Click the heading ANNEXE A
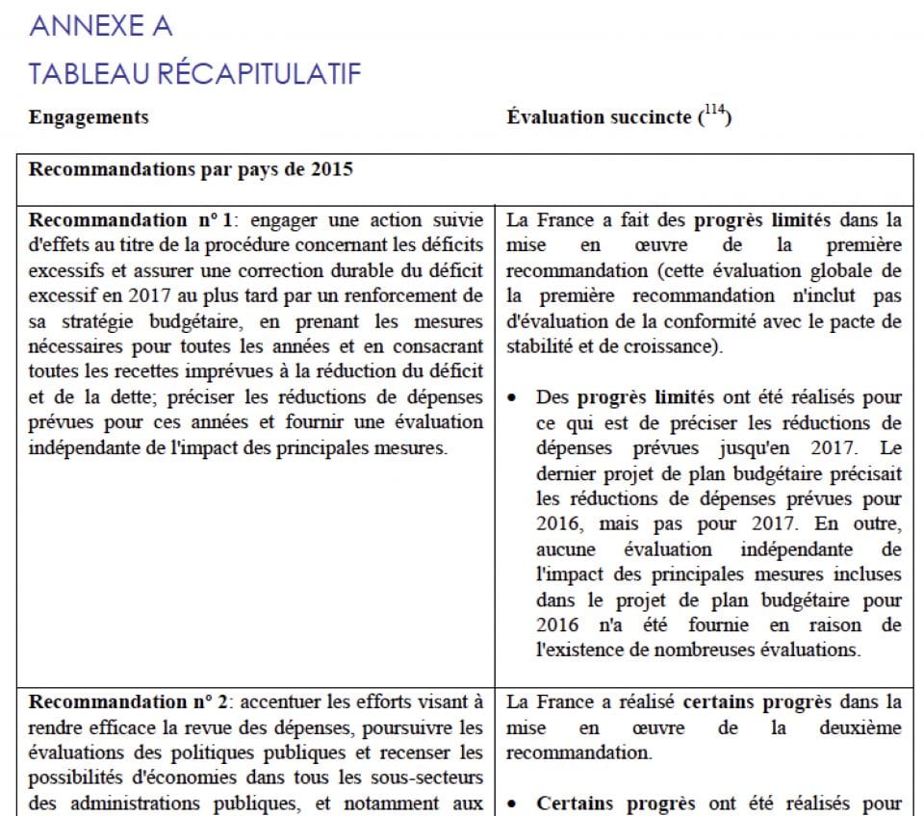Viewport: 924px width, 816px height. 101,26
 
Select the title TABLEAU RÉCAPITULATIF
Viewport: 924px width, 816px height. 195,73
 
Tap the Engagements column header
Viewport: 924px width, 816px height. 89,117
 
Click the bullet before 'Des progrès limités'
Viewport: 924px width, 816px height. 516,397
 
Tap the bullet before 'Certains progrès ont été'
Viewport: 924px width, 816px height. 516,803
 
